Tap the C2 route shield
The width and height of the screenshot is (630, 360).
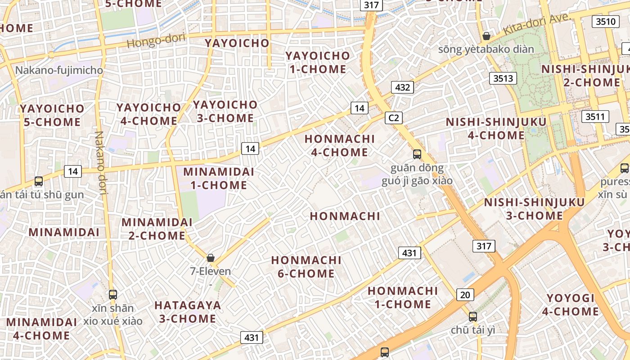394,118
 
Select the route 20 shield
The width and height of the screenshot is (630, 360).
465,295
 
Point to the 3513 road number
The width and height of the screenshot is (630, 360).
503,78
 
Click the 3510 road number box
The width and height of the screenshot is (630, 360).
606,21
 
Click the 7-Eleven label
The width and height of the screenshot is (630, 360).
211,271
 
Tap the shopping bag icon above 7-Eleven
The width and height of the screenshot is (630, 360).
211,258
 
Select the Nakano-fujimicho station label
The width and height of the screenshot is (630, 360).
59,70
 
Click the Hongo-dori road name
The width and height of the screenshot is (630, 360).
156,40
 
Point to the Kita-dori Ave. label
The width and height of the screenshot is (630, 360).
536,24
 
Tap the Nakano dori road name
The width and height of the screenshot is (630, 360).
100,164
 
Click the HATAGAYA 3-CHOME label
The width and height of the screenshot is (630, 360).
188,312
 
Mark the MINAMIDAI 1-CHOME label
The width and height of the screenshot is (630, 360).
219,178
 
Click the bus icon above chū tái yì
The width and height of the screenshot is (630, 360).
472,316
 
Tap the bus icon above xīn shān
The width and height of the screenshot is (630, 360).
113,295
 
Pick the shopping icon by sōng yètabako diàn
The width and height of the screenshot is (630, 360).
486,36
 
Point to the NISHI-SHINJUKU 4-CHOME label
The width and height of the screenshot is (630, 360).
496,128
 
